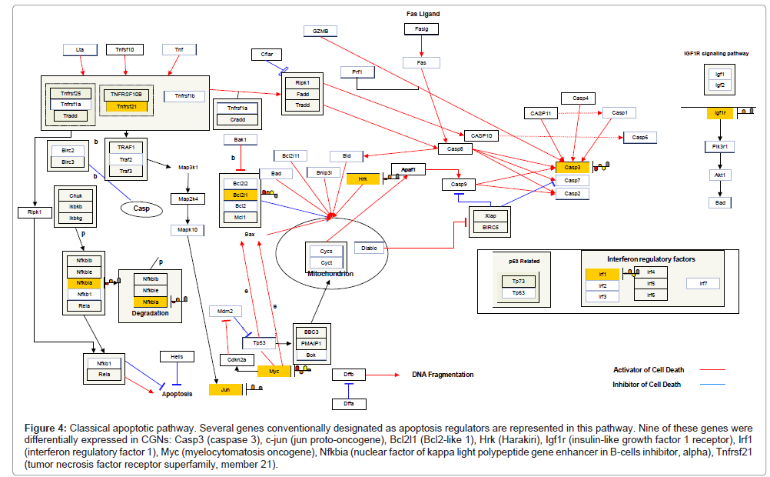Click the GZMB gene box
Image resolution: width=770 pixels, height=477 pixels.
[x=320, y=31]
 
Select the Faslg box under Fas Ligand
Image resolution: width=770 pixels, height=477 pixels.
[x=421, y=29]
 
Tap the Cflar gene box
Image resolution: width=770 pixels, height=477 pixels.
[x=267, y=55]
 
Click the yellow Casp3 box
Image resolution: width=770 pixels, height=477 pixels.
[x=573, y=167]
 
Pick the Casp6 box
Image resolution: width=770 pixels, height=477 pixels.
[x=640, y=137]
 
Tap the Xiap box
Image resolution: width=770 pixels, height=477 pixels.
[x=491, y=215]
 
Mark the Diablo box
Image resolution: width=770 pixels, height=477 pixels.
[x=367, y=249]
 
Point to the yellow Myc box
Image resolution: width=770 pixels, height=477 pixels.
[x=274, y=371]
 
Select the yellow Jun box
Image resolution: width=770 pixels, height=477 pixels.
[x=226, y=389]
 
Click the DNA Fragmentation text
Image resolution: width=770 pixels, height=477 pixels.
[x=442, y=375]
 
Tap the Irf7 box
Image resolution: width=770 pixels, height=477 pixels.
[x=703, y=283]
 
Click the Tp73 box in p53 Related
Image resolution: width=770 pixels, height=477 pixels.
[x=519, y=282]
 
